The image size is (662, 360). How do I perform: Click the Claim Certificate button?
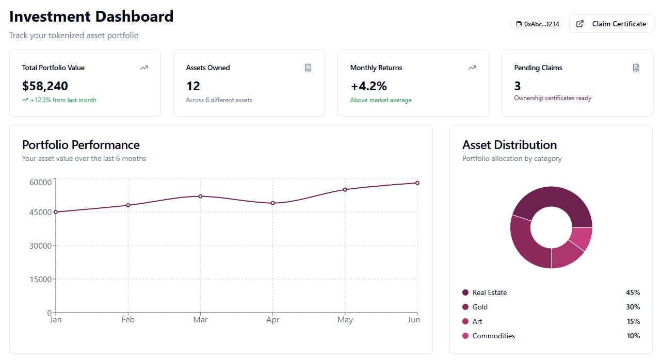point(611,24)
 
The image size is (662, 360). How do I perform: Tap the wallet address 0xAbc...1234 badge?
point(537,24)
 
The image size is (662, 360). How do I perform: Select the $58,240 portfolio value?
point(45,86)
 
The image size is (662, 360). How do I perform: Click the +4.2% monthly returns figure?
point(368,86)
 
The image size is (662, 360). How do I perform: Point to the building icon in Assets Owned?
point(308,68)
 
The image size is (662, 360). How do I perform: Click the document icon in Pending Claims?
point(636,68)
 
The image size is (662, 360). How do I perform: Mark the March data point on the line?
point(200,197)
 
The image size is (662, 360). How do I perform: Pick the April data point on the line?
point(273,203)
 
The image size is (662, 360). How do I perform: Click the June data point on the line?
point(417,183)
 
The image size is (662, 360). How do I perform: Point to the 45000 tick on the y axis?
point(41,212)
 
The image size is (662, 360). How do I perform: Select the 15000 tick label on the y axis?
point(41,279)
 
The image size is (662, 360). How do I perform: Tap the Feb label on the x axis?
point(128,320)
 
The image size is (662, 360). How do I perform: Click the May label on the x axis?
point(345,320)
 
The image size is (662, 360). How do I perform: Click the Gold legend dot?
point(465,307)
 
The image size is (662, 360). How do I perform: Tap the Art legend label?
point(477,321)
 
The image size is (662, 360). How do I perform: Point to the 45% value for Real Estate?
point(633,292)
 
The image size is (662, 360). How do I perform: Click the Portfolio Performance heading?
point(81,145)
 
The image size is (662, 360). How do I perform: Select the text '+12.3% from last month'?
point(63,100)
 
